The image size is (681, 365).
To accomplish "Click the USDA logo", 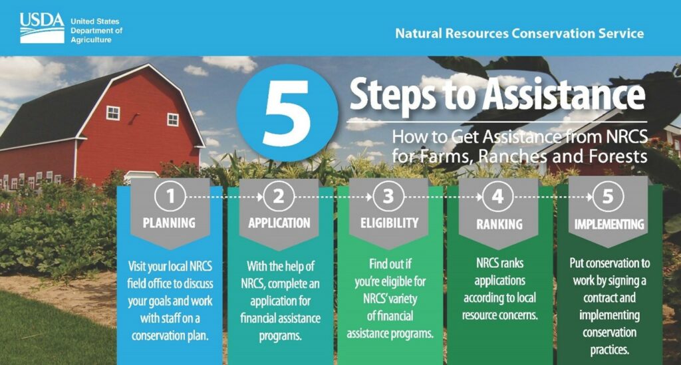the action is (42, 28).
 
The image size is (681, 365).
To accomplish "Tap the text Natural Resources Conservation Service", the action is (519, 33).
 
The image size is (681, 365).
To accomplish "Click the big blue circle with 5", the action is (287, 113).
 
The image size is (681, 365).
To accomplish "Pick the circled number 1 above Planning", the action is (170, 196).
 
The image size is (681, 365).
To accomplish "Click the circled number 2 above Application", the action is (279, 196).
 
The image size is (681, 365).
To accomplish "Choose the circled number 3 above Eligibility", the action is (388, 196).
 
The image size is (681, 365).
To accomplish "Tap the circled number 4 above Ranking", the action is (497, 196).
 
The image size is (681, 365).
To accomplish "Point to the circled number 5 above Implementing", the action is (608, 196).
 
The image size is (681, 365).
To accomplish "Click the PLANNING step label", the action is (170, 223).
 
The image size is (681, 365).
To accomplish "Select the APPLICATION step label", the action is (279, 223).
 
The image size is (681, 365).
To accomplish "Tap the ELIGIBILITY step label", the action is (389, 223).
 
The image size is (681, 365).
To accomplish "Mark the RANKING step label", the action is (499, 224).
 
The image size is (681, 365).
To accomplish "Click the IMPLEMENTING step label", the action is (609, 224).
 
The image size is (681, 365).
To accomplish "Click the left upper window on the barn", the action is (113, 113).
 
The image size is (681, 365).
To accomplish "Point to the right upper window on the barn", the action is (173, 120).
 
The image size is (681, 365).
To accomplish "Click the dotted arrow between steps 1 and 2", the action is (225, 197).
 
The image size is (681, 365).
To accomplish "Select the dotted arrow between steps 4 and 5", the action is (553, 197).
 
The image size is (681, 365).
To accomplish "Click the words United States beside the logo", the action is (94, 21).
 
